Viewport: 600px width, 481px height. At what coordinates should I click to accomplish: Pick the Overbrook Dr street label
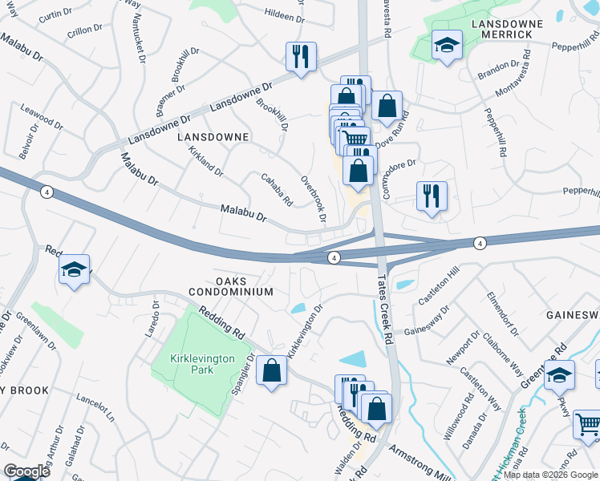(x=314, y=199)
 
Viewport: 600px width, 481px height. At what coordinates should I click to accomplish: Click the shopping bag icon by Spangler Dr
(x=272, y=370)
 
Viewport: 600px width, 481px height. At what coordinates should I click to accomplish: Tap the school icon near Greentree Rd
(x=559, y=374)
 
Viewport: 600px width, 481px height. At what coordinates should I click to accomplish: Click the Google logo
(x=26, y=471)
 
